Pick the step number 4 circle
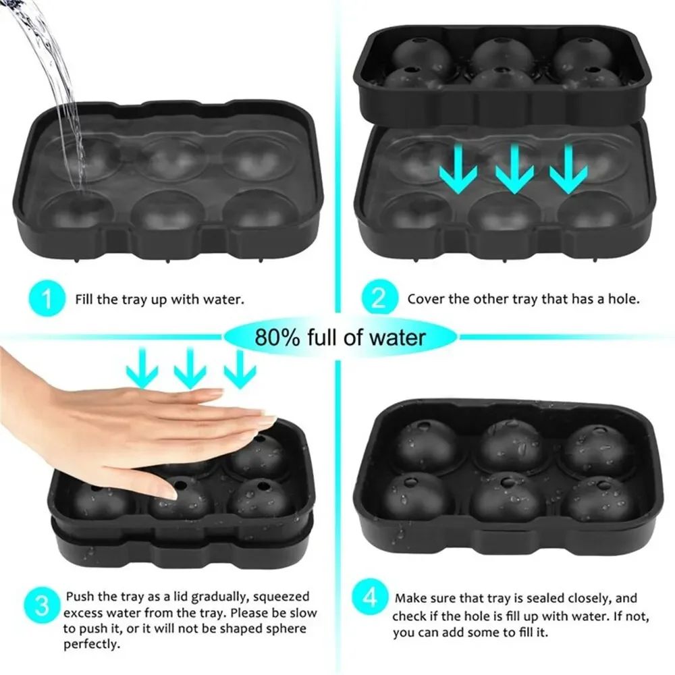click(x=371, y=597)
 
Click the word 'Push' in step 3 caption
click(x=79, y=597)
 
